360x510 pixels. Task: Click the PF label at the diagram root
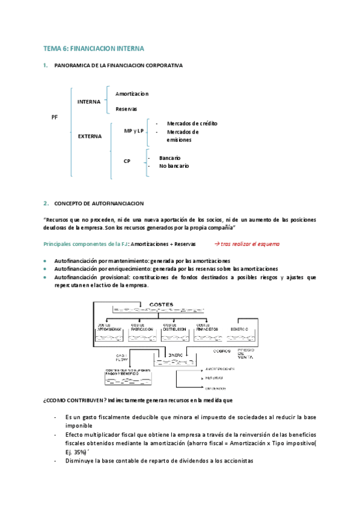click(x=55, y=118)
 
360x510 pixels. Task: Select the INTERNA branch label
click(x=89, y=102)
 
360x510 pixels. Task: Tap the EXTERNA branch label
click(x=90, y=136)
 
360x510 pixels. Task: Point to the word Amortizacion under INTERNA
click(x=132, y=94)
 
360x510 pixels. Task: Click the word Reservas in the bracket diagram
click(x=126, y=109)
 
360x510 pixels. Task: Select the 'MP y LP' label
click(x=133, y=131)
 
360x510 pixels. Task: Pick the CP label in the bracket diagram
click(x=127, y=161)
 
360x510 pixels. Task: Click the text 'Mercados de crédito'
click(x=192, y=123)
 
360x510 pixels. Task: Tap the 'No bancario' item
click(x=174, y=165)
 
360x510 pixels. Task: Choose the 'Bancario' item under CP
click(x=169, y=158)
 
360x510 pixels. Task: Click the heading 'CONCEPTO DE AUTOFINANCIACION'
click(x=99, y=203)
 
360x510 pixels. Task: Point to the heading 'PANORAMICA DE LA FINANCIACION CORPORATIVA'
click(x=118, y=65)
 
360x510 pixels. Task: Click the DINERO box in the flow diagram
click(x=175, y=355)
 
